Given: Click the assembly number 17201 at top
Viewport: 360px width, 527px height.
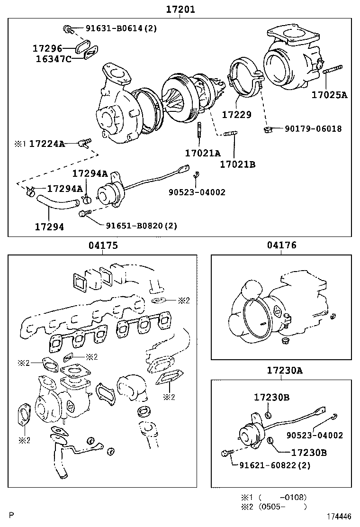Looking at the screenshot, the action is coord(180,9).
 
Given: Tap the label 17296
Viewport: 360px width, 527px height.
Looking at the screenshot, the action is coord(47,48).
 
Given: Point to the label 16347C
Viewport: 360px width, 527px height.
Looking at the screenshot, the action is coord(54,59).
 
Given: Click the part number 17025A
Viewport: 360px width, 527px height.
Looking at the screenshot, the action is coord(329,95).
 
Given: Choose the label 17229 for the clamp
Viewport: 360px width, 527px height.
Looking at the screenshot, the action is coord(236,115).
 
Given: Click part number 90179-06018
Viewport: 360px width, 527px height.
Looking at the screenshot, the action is coord(313,128).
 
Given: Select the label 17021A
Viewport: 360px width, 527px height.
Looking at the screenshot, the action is coord(203,153).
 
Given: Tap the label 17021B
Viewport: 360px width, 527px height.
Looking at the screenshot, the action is coord(238,164).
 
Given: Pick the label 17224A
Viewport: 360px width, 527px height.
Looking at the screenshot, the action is coord(47,144).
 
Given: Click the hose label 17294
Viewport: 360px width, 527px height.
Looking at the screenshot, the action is coord(49,227).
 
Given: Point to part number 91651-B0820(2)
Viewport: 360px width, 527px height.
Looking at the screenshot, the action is coord(141,226).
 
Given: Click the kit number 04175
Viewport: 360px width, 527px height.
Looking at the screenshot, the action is coord(103,245).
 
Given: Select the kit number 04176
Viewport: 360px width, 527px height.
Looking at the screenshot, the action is coord(282,245).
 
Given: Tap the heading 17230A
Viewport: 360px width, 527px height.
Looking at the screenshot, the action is coord(285,371).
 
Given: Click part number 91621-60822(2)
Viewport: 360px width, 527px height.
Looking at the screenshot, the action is coord(275,465).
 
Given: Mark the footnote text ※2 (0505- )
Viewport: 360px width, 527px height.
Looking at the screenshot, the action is coord(274,507).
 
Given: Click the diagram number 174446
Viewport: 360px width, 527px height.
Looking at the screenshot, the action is coord(340,516).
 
